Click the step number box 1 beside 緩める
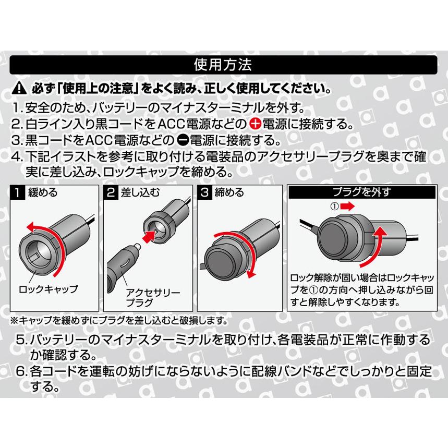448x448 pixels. [18, 192]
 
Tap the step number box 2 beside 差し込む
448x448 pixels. [111, 192]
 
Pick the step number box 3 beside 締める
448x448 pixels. [204, 192]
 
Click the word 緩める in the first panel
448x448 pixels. [42, 192]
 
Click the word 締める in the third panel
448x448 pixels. [229, 192]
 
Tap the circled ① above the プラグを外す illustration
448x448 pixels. [335, 206]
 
